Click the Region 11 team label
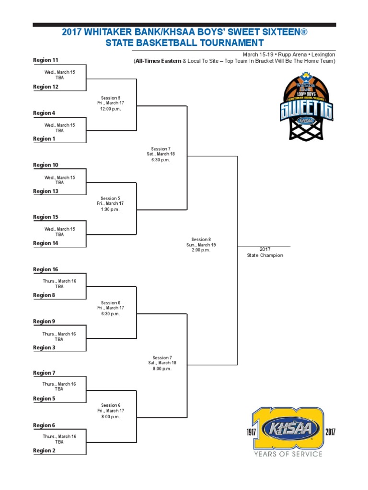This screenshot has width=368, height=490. (x=46, y=60)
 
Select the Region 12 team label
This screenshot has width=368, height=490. (x=46, y=87)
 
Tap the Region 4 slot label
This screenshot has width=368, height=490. (x=44, y=113)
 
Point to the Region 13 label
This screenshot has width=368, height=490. (x=46, y=191)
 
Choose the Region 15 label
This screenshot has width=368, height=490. (x=46, y=217)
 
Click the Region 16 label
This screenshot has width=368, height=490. (x=46, y=270)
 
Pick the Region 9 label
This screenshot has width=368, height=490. (x=44, y=322)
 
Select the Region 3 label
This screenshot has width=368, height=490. (x=44, y=348)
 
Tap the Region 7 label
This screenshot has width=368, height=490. (x=44, y=373)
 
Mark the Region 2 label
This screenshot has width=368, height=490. (x=44, y=451)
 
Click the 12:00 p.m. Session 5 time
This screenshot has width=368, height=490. (x=111, y=109)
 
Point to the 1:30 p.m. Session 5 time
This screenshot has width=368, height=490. (x=111, y=210)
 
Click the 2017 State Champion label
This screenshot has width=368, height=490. (x=265, y=253)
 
